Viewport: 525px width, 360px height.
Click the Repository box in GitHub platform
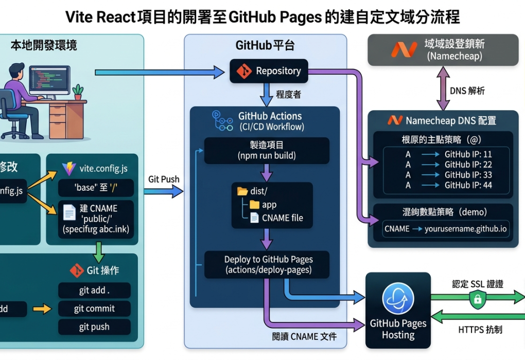(x=268, y=71)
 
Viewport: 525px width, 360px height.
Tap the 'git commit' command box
(x=94, y=309)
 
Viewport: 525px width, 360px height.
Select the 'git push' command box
(x=94, y=327)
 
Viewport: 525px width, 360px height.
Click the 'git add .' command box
(x=94, y=291)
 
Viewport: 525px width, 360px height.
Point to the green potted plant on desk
(x=78, y=92)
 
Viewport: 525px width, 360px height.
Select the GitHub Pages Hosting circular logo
(x=398, y=301)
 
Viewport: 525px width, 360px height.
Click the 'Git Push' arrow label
(x=164, y=179)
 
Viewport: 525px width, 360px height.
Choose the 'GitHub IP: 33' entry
(x=468, y=175)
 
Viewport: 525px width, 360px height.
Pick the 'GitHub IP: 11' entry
(x=468, y=154)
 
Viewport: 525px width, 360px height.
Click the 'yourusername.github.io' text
(x=466, y=229)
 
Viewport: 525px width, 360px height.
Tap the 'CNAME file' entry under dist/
(x=282, y=218)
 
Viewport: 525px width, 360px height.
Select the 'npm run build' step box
(x=267, y=150)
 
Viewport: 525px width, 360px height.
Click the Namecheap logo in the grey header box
(x=404, y=49)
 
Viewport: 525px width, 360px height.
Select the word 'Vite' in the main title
(x=79, y=17)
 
